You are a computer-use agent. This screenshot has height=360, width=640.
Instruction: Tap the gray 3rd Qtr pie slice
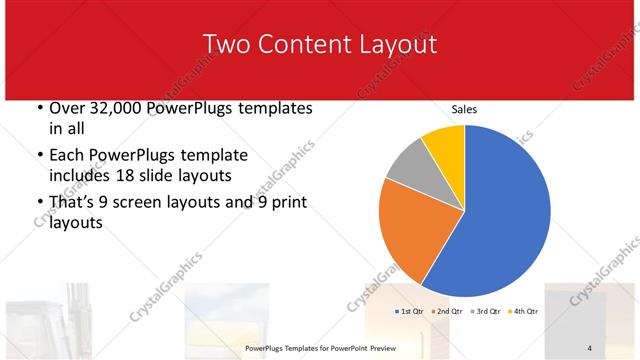point(408,170)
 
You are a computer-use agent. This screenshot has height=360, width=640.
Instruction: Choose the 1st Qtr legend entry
point(410,311)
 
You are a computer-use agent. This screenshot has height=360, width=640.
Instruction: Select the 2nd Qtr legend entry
point(448,311)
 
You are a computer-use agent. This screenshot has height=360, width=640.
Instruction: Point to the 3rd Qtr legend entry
point(487,311)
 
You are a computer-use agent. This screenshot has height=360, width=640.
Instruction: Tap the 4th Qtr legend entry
point(525,311)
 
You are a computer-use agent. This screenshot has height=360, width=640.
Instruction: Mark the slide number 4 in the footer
point(590,347)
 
